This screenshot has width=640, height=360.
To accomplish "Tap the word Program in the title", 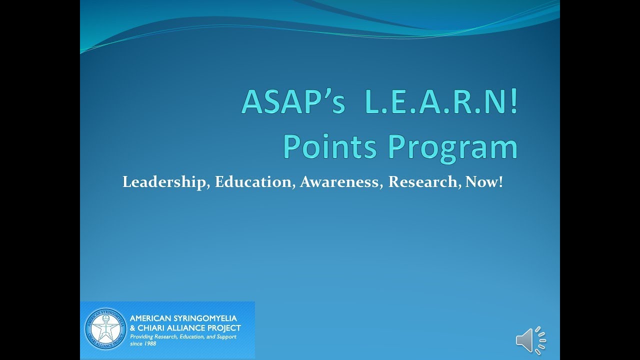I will [452, 146].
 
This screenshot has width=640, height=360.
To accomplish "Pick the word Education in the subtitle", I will [253, 182].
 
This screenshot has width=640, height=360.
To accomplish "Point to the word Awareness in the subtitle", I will [342, 182].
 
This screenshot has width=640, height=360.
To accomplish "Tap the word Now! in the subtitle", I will [483, 182].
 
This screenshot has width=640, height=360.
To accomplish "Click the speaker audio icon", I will [530, 340].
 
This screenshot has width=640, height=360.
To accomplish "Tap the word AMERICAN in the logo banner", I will [148, 318].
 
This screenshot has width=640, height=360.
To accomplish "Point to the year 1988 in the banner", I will [149, 344].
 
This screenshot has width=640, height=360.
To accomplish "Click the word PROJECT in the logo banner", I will [223, 328].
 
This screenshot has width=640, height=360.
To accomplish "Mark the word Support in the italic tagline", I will [223, 337].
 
